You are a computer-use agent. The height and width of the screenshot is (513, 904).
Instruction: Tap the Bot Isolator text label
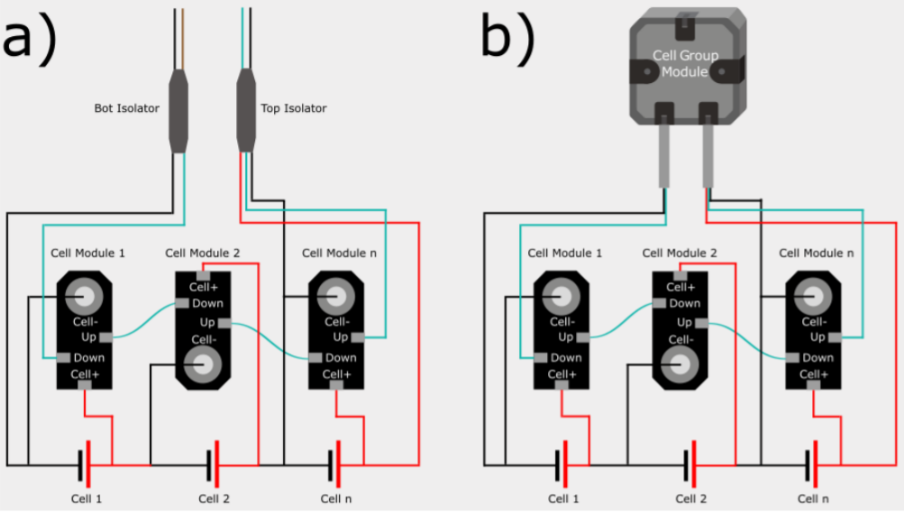(x=126, y=108)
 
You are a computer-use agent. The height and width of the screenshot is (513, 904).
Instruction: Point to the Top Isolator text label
(x=294, y=108)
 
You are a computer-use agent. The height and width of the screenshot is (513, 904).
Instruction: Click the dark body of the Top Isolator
(x=246, y=113)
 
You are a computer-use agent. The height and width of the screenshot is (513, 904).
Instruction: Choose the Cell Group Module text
(x=686, y=63)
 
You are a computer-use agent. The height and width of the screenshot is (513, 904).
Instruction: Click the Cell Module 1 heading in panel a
(x=83, y=253)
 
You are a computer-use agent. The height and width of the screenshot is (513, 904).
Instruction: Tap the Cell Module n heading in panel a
(x=335, y=253)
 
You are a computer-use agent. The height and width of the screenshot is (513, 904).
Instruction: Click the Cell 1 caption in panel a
(x=87, y=499)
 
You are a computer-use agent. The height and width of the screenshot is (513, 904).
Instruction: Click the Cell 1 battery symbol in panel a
(x=84, y=464)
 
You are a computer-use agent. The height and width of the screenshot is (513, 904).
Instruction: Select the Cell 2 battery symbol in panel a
(x=213, y=464)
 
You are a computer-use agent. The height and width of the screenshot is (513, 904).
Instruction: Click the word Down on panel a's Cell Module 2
(x=208, y=304)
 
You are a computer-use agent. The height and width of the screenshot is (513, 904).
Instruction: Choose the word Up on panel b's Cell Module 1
(x=565, y=337)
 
